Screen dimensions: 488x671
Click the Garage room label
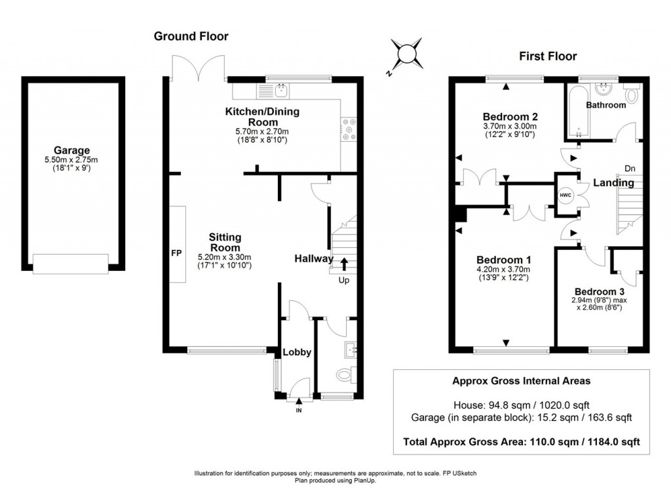72,150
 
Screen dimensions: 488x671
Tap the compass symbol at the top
408,52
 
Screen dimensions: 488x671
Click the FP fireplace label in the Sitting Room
176,253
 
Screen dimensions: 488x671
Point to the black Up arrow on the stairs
343,264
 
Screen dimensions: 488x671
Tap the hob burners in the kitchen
347,129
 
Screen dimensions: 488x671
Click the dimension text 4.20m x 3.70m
503,269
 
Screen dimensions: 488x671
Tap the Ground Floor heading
191,36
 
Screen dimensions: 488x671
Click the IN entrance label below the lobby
299,411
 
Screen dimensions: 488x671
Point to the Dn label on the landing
630,169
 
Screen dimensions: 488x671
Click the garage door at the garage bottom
71,264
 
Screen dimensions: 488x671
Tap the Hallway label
313,259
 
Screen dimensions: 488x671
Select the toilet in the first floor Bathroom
632,96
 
